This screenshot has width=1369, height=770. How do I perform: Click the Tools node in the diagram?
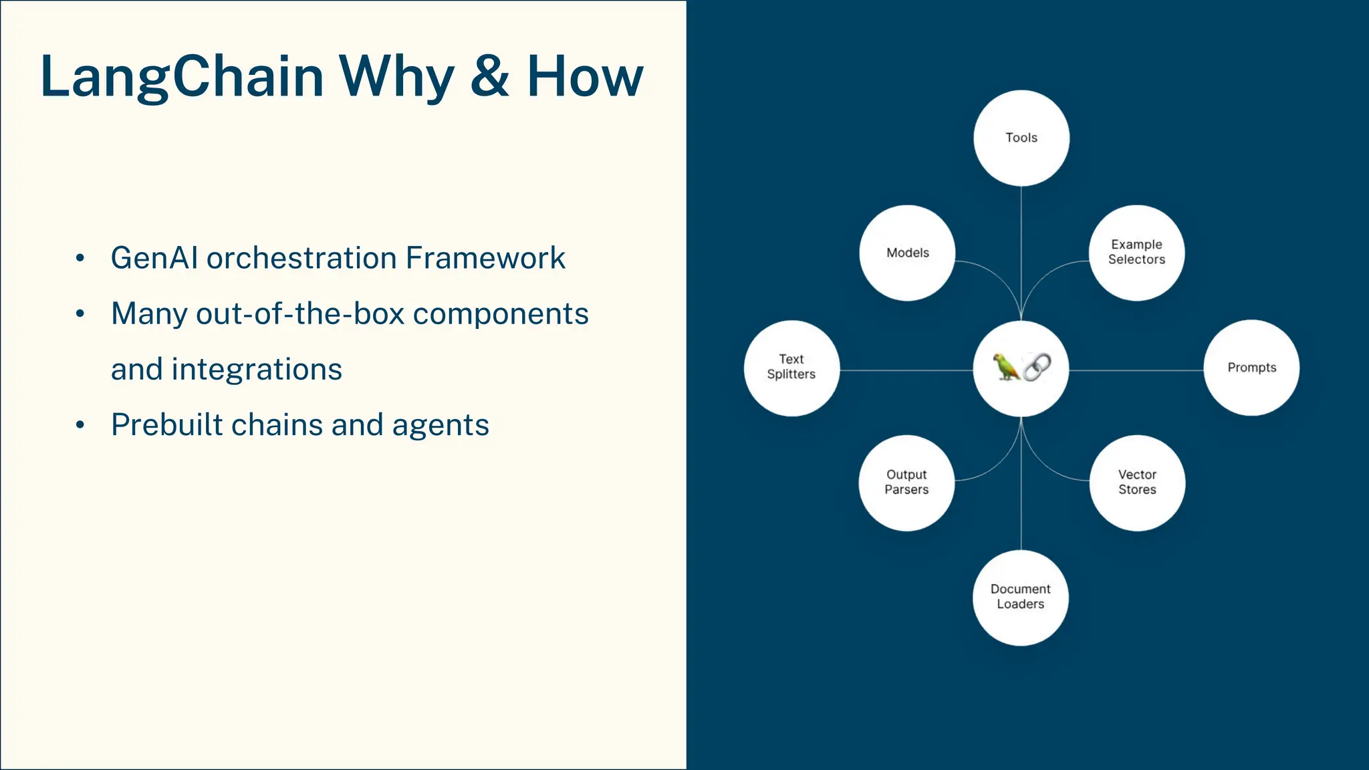[1021, 138]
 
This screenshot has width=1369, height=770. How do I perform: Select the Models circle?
[907, 253]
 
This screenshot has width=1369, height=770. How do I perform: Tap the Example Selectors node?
[1136, 253]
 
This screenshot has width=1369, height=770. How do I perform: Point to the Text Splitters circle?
[791, 368]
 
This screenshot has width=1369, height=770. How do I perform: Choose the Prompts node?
[1251, 368]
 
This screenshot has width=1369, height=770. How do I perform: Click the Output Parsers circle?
[906, 483]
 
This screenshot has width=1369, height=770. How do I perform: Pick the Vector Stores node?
[1137, 483]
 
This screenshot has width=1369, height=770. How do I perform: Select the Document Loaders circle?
[1020, 597]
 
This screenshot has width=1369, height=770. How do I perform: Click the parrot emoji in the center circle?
[1006, 367]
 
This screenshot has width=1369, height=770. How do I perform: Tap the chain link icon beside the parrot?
[1037, 367]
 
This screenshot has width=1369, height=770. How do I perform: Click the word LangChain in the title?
[182, 77]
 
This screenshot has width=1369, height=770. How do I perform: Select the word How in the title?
[584, 77]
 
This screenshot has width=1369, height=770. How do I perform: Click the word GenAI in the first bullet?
[154, 258]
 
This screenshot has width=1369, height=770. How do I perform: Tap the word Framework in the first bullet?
[485, 258]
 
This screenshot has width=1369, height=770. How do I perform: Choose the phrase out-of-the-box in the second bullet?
[300, 313]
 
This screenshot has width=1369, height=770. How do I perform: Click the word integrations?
[257, 369]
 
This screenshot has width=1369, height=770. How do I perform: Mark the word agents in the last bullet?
[441, 425]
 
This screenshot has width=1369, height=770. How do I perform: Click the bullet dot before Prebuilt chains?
[80, 425]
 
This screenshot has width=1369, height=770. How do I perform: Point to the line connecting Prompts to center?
[1136, 370]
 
